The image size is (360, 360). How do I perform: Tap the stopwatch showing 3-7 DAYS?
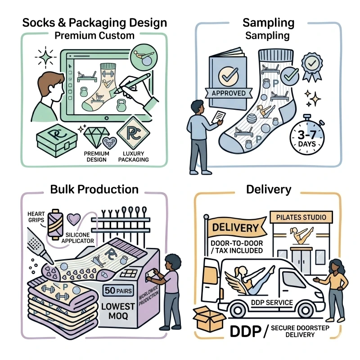(x=307, y=136)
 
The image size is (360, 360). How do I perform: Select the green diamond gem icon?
(x=96, y=137)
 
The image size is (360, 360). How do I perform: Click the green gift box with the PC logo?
(x=57, y=140)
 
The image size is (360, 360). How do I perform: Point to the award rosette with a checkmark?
(x=311, y=67)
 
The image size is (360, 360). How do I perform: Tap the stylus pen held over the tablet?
(x=132, y=83)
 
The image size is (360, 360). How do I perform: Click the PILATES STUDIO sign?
(x=301, y=217)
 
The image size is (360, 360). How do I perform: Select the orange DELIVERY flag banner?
(x=237, y=227)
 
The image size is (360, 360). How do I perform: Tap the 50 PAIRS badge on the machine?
(x=118, y=291)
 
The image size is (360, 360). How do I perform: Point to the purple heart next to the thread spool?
(x=74, y=219)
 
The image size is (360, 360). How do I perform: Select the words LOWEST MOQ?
(x=118, y=311)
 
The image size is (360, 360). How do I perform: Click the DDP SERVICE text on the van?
(x=272, y=302)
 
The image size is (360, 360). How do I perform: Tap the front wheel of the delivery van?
(x=306, y=310)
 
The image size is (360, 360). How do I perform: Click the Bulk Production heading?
(x=94, y=189)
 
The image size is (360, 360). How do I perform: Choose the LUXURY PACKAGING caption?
(x=133, y=157)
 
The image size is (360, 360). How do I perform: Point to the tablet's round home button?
(x=107, y=118)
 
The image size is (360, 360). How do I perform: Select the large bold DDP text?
(x=245, y=331)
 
